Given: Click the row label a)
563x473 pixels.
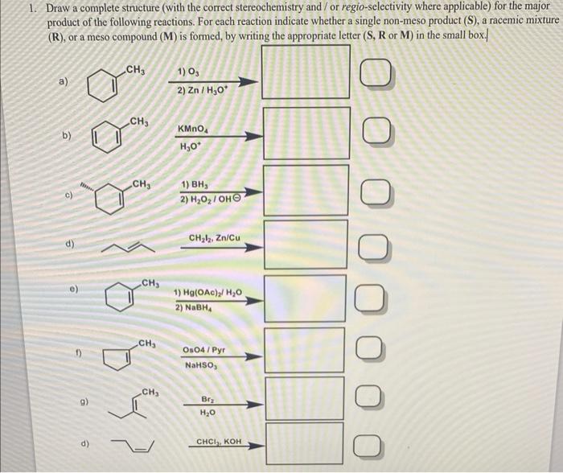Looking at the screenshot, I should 64,81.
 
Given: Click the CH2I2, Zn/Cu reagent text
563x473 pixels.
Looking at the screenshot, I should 213,238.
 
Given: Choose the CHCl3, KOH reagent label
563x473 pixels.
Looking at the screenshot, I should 218,442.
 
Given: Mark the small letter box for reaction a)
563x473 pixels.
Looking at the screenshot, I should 377,78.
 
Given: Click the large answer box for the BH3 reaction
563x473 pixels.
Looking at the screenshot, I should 306,190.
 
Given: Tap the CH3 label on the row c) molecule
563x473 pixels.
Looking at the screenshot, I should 142,184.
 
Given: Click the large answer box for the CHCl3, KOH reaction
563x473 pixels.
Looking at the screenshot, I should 306,442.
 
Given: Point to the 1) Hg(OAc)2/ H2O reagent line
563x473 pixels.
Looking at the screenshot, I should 207,293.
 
